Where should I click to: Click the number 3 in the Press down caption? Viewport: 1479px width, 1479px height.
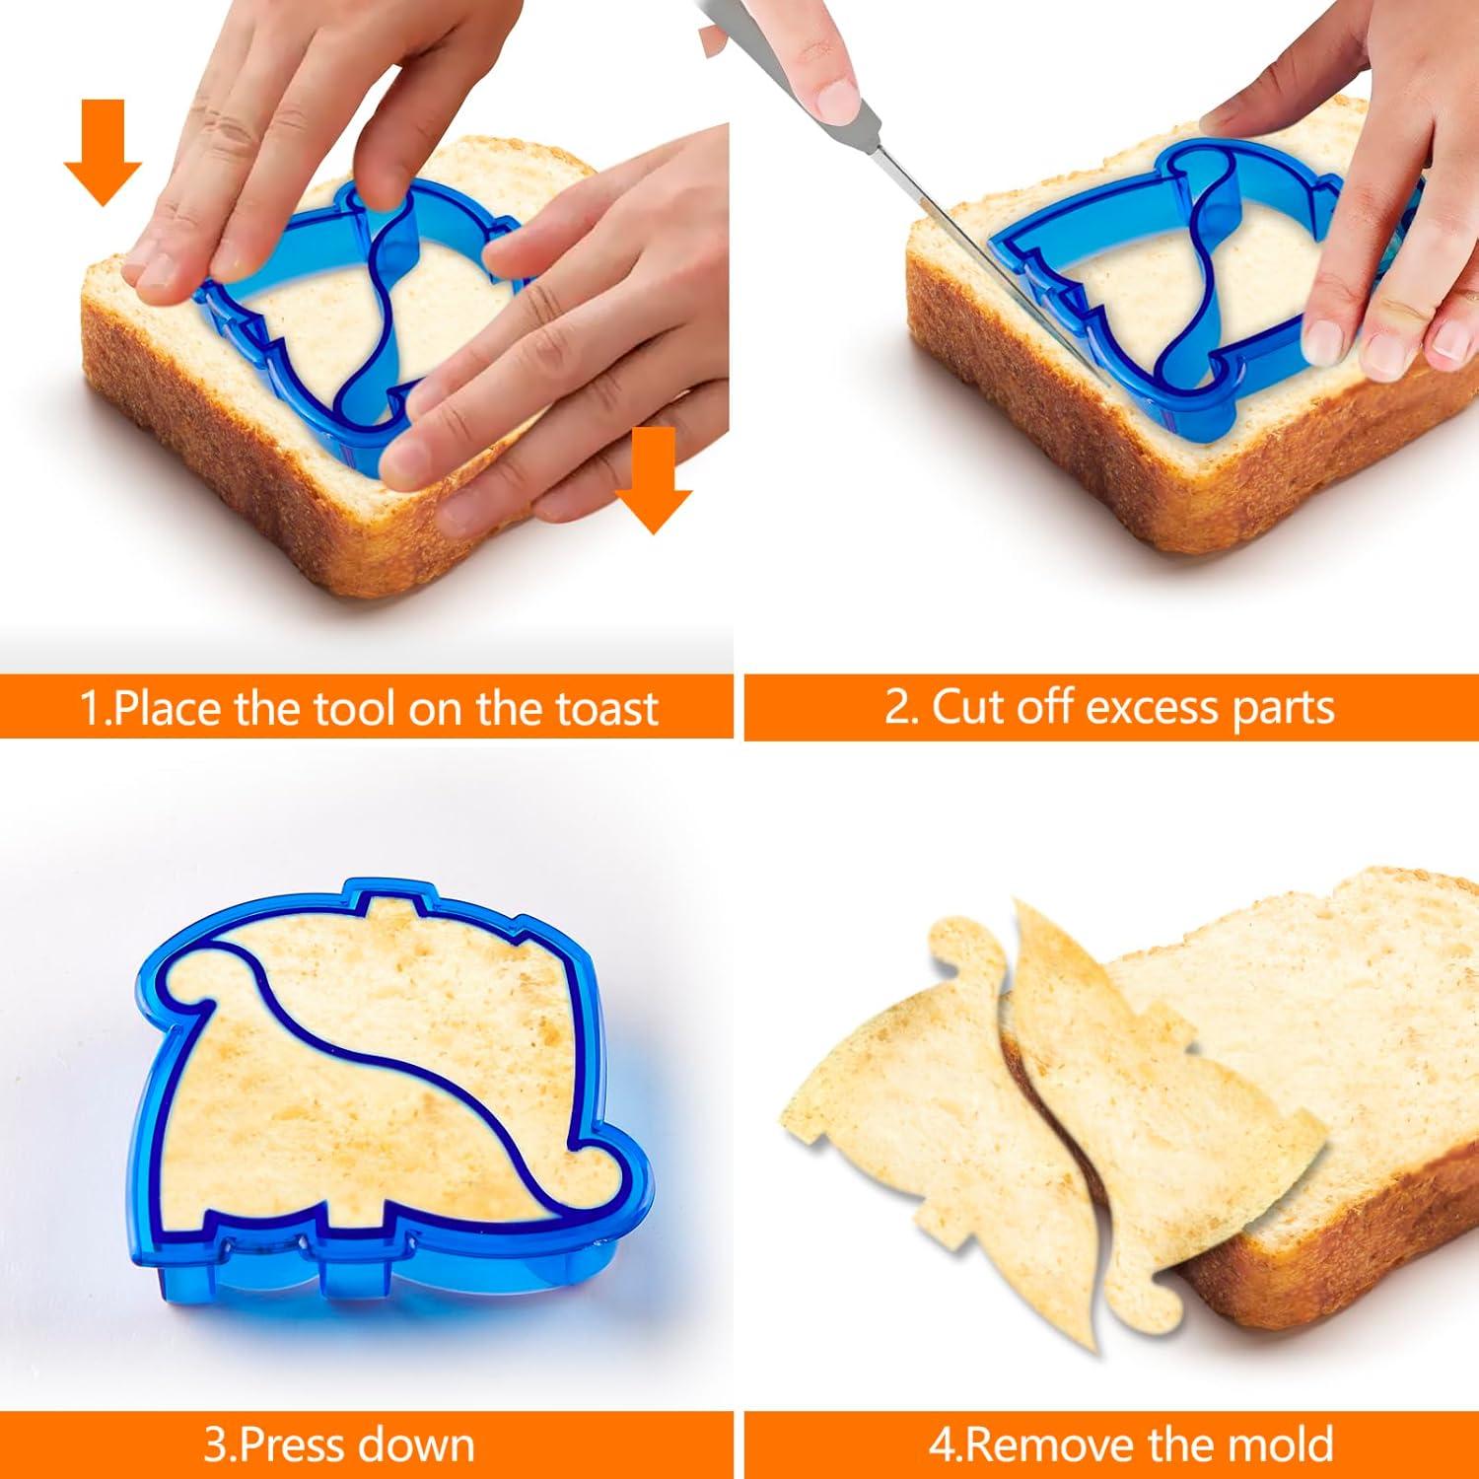point(214,1445)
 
